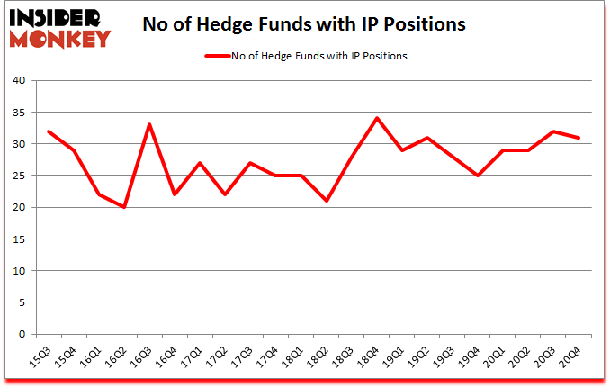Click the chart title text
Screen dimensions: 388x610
click(x=304, y=25)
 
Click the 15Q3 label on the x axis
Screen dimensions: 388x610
click(x=41, y=358)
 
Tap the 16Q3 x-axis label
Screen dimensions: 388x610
click(x=142, y=358)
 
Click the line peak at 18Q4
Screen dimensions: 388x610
click(x=376, y=118)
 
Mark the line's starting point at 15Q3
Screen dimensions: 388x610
click(x=48, y=131)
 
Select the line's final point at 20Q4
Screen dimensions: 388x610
click(x=579, y=138)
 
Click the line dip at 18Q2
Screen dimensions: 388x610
click(x=326, y=201)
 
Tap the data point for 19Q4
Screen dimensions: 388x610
click(x=477, y=176)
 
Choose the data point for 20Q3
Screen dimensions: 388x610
click(x=553, y=131)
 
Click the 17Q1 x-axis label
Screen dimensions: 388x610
click(x=193, y=358)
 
